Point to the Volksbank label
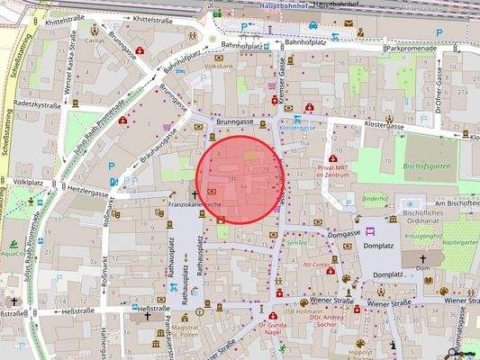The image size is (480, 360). (x=219, y=67)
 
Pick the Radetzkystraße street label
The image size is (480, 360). (x=31, y=105)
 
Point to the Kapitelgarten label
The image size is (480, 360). (x=459, y=242)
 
